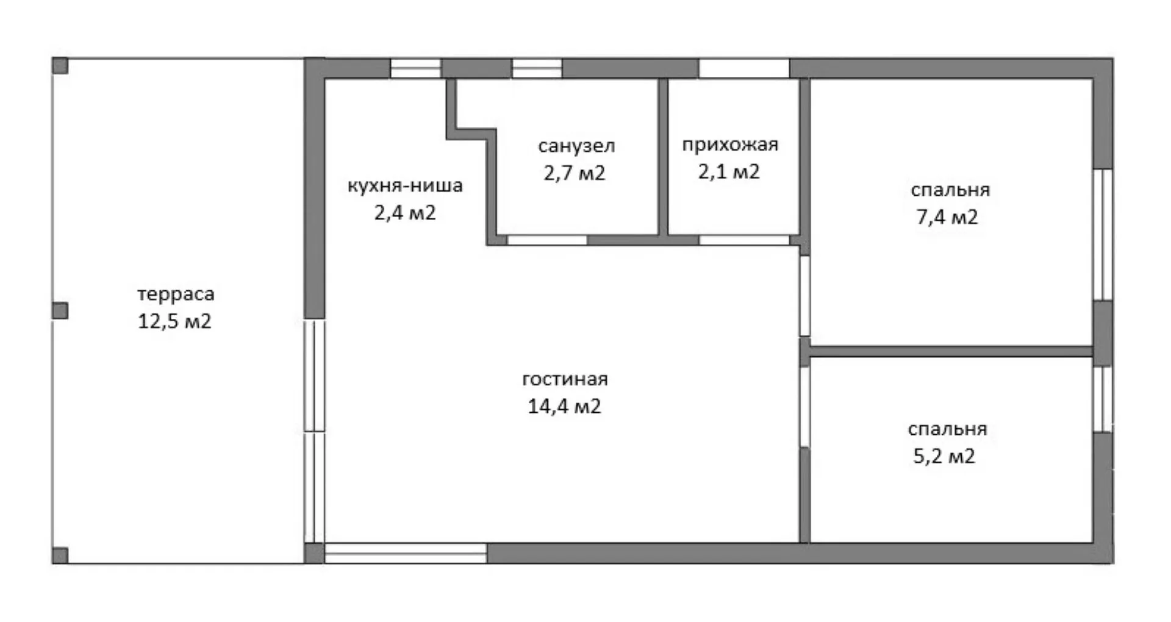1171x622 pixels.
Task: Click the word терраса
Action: point(176,295)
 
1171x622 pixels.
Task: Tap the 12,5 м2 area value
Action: point(174,321)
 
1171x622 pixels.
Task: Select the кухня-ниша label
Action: point(405,185)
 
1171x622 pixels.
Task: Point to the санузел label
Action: point(576,146)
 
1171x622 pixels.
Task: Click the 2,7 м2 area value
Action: point(575,173)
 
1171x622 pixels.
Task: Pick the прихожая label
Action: point(730,145)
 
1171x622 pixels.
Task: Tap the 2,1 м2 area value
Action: point(729,172)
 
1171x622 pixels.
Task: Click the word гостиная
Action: point(565,379)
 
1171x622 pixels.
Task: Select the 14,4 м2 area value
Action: point(564,406)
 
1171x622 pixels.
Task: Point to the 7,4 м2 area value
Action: point(947,217)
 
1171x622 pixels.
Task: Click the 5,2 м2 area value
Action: point(944,456)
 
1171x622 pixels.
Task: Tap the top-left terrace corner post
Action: point(60,66)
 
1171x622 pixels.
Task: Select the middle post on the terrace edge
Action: point(60,311)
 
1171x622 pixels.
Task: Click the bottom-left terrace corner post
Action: point(60,556)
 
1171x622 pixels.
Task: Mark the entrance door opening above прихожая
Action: point(744,68)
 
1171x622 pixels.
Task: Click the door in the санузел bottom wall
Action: point(547,240)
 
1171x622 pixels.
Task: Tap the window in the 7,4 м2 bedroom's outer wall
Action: point(1103,234)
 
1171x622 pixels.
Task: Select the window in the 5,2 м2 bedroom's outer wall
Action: point(1103,399)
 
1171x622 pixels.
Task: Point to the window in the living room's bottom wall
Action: point(406,553)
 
